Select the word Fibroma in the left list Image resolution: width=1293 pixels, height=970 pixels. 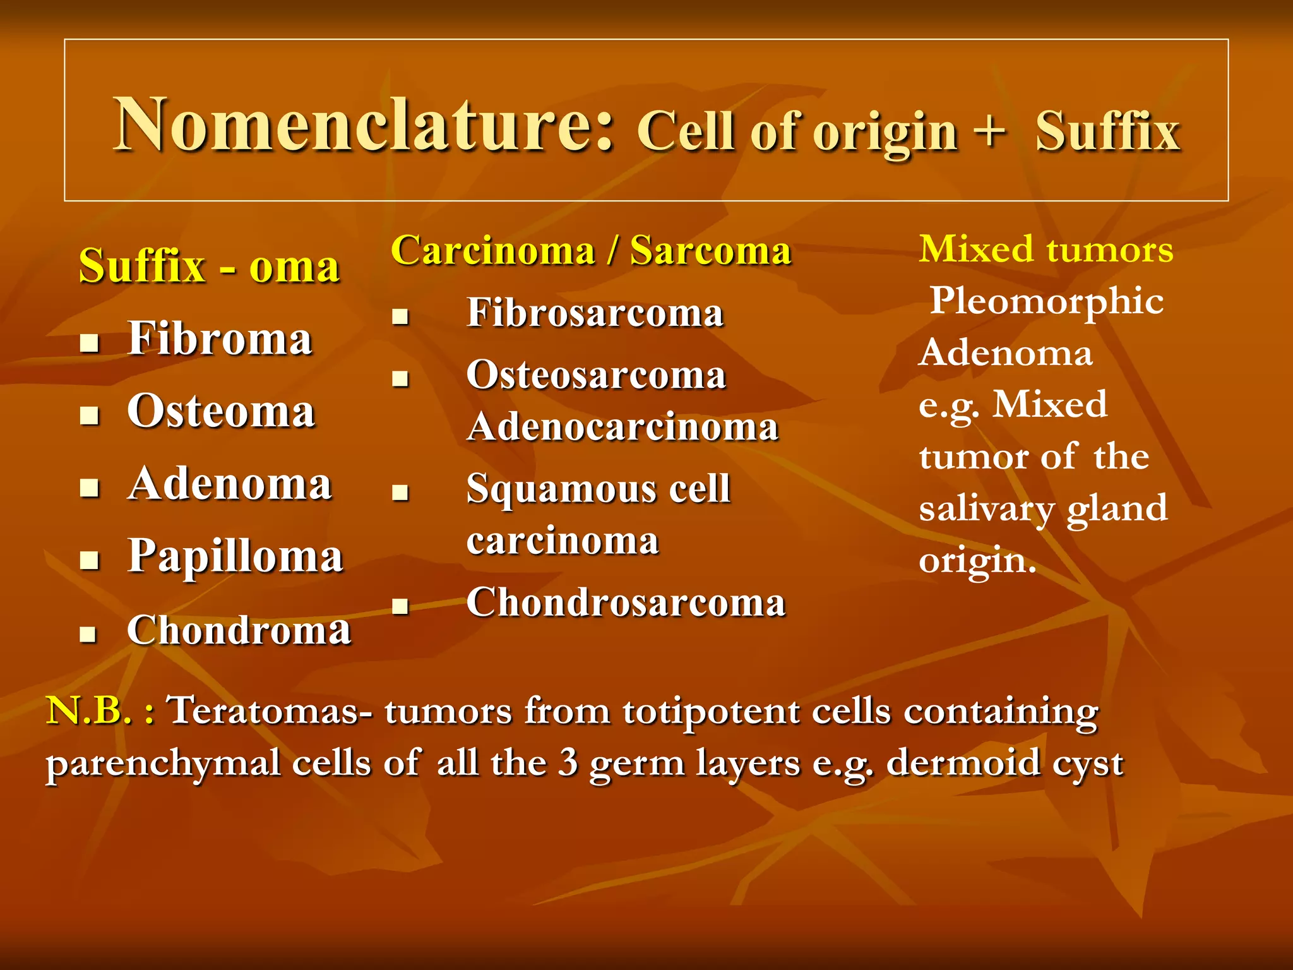[x=220, y=339]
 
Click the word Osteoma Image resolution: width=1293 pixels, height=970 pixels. [x=221, y=412]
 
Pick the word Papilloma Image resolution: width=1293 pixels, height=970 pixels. [x=235, y=557]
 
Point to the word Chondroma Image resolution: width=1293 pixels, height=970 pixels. [x=239, y=630]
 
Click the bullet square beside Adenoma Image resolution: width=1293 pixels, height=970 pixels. [x=90, y=487]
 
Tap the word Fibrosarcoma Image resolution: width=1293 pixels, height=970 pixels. [x=595, y=313]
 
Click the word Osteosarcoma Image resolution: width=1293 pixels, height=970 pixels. [x=596, y=375]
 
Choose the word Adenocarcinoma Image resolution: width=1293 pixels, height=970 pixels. [x=623, y=428]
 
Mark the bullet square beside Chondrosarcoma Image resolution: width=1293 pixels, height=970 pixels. [x=400, y=606]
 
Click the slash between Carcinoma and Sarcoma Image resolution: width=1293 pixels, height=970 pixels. [x=612, y=251]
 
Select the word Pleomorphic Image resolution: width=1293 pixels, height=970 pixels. [x=1046, y=301]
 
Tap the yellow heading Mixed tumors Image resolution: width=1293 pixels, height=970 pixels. [x=1046, y=249]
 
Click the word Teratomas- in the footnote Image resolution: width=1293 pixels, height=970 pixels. [x=271, y=710]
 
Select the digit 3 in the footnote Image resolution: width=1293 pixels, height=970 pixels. [x=568, y=762]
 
